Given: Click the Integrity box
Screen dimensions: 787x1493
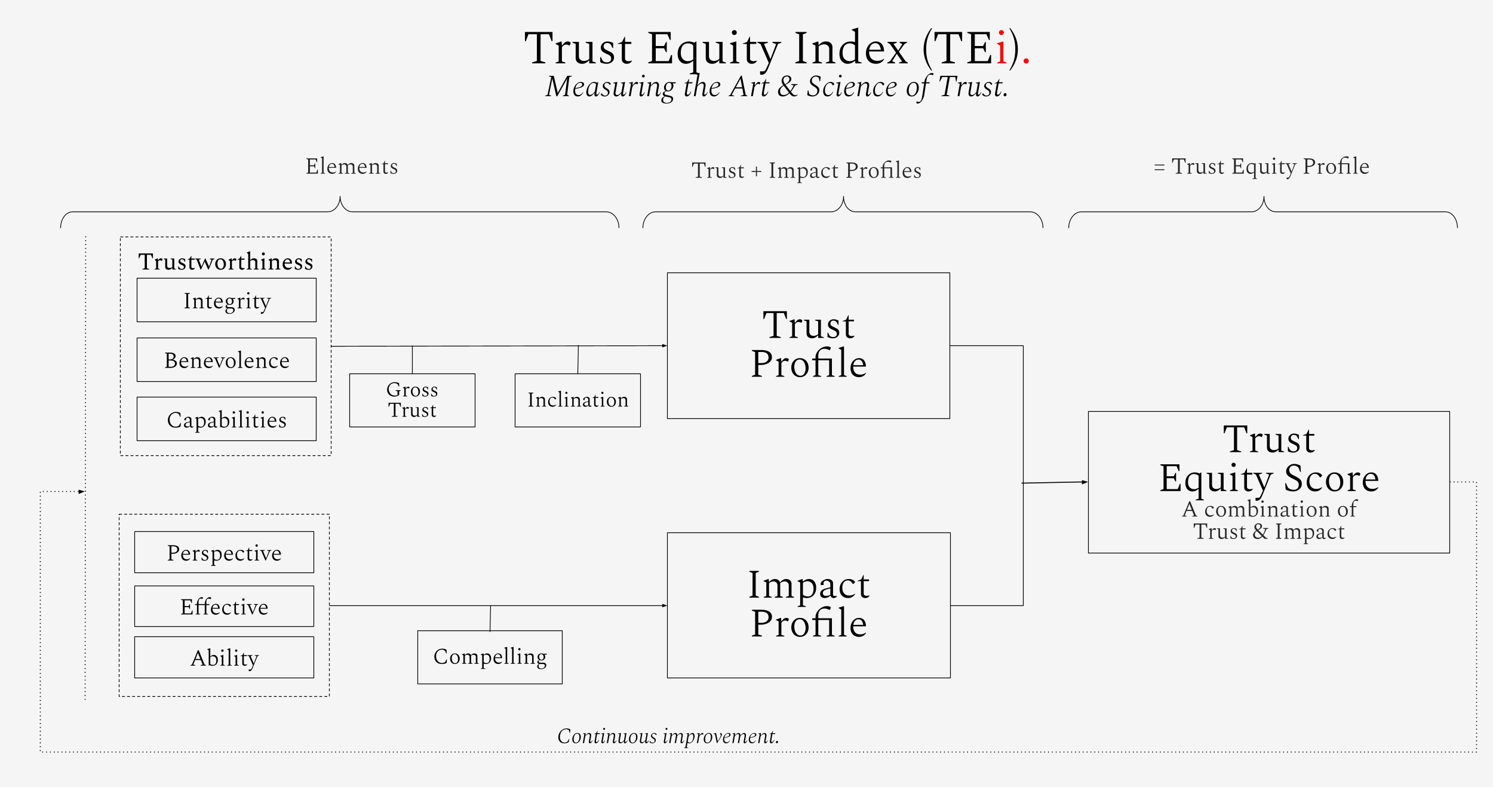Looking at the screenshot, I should (226, 301).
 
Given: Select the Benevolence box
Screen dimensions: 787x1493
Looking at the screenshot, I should (226, 360).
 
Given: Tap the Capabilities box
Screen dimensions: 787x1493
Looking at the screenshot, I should (226, 419).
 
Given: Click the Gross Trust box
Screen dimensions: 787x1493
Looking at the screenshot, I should (412, 400).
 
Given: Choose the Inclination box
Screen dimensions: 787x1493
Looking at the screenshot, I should (577, 400).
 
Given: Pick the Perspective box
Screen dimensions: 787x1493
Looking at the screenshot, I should (224, 553).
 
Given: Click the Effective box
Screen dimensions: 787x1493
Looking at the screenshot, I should (224, 607).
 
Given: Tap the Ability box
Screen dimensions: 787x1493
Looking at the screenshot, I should (224, 658).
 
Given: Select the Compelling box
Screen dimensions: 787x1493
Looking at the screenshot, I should (490, 657).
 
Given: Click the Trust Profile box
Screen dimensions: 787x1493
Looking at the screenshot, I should (808, 345).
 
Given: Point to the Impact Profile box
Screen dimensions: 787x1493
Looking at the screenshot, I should (808, 605).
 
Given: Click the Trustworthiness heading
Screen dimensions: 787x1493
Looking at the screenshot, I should (226, 262).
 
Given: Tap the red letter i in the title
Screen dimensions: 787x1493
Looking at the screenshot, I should (1002, 48).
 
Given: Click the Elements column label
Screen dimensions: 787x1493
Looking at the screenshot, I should (352, 166).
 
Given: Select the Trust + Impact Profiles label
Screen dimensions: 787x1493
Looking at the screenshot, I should (806, 170).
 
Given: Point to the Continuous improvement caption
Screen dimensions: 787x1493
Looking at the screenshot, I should (668, 736).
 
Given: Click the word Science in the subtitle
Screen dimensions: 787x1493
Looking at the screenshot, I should (852, 87).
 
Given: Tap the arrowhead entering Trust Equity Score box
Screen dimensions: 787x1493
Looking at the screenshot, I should (1084, 482).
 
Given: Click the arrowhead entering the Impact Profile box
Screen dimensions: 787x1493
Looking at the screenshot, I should (664, 605).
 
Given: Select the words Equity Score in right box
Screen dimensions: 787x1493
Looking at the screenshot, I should (1269, 479).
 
